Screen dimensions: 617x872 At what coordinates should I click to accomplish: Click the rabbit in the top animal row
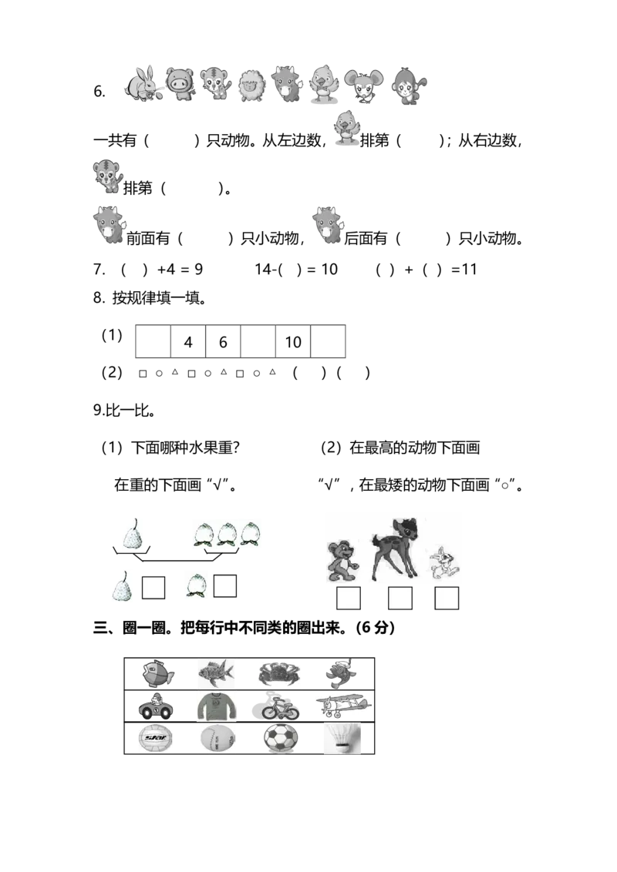tap(142, 85)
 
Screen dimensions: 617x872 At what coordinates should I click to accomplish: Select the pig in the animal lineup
tap(180, 84)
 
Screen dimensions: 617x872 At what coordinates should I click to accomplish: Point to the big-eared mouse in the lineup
tap(364, 86)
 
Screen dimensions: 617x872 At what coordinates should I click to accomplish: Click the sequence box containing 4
tap(188, 341)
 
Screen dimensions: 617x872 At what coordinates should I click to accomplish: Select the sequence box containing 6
tap(224, 341)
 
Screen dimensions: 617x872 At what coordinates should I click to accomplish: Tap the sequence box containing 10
tap(293, 341)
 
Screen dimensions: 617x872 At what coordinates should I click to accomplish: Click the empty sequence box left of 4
tap(153, 341)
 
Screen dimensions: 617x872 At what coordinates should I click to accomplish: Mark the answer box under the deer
tap(400, 599)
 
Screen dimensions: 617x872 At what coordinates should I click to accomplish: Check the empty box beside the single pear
tap(153, 588)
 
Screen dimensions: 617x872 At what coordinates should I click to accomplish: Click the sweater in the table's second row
tap(216, 707)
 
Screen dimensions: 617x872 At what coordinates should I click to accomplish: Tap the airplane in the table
tap(343, 705)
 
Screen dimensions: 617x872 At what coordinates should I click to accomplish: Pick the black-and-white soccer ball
tap(281, 739)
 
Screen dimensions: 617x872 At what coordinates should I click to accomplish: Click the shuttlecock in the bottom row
tap(342, 739)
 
